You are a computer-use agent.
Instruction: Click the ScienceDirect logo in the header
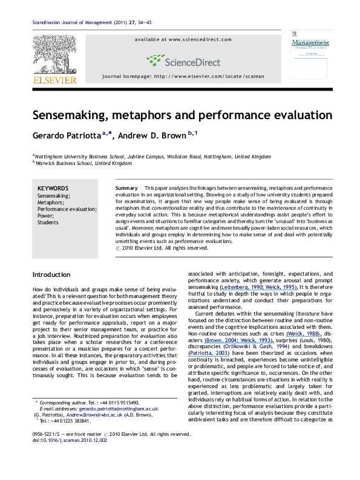180,60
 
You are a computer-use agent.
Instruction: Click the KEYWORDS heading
53,189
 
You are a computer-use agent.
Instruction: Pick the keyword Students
48,222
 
